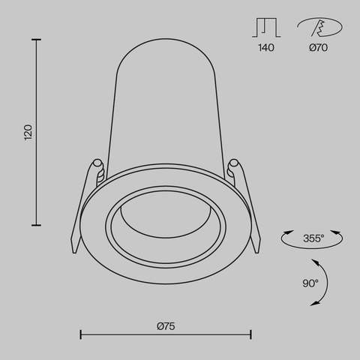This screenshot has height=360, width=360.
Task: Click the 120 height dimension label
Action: coord(28,132)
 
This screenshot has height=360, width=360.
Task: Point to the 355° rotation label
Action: coord(313,238)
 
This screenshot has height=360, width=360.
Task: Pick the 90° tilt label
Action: coord(310,283)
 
